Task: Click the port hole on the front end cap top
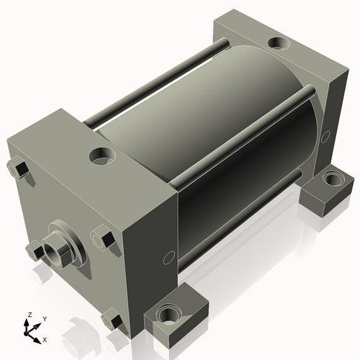coord(102,156)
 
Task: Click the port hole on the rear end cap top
coord(279,44)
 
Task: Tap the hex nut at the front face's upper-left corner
coord(18,167)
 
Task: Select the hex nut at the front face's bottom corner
coord(112,318)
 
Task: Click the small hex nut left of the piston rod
coord(35,251)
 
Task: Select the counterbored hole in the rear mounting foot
coord(333,179)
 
